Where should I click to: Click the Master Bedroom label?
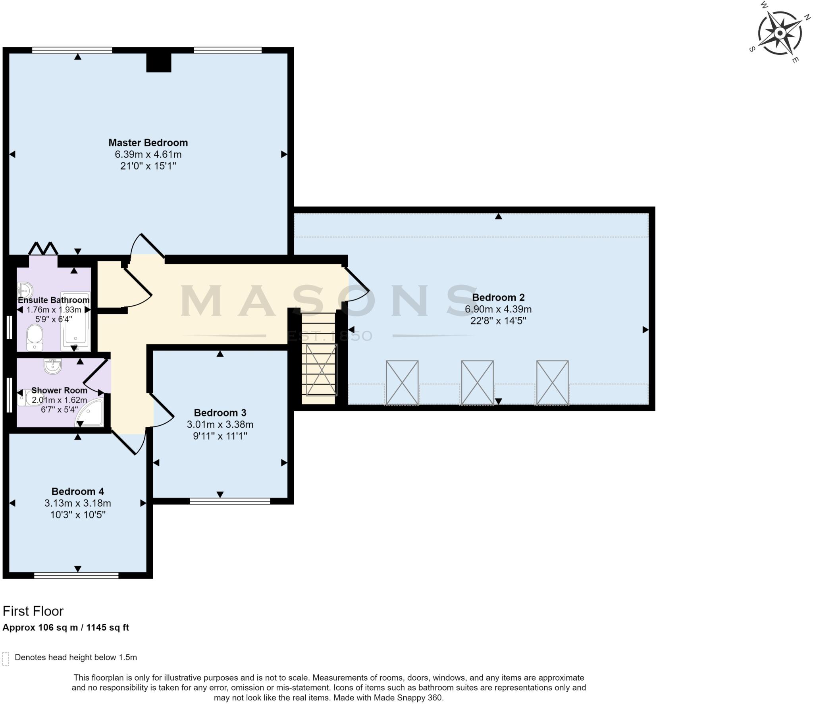point(148,143)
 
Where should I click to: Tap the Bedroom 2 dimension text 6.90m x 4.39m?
point(498,309)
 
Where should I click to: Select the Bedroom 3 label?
point(220,413)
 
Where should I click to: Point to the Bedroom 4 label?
point(77,492)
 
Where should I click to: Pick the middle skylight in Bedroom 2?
point(477,382)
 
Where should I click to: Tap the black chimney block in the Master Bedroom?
point(158,62)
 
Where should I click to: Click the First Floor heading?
point(33,611)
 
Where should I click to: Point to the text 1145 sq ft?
point(108,627)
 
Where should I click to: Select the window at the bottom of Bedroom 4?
point(76,575)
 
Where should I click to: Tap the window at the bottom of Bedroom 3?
point(229,501)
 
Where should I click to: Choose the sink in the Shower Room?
point(52,366)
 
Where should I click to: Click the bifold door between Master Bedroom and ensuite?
point(43,249)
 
